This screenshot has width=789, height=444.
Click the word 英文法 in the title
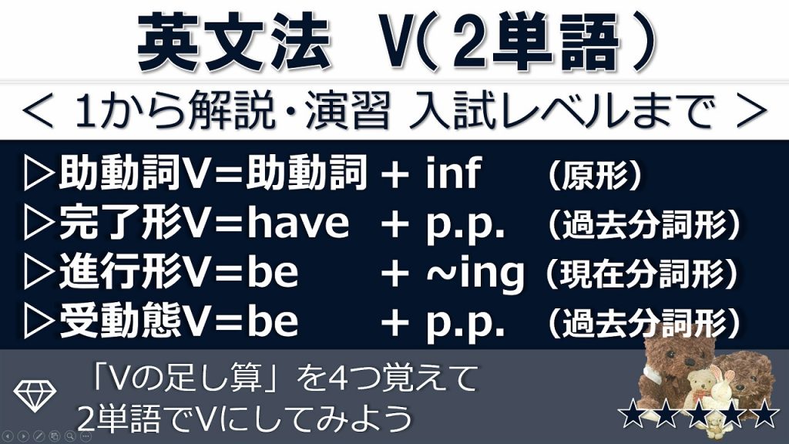(x=234, y=42)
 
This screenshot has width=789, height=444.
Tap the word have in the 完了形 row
(x=298, y=223)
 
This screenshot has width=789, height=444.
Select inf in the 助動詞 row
(x=453, y=173)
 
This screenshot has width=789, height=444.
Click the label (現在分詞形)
(x=642, y=274)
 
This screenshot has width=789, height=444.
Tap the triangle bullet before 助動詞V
(x=39, y=173)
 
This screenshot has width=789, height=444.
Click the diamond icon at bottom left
(x=35, y=396)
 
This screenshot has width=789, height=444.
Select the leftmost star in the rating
(x=632, y=414)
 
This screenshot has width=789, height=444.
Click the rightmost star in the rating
(x=764, y=414)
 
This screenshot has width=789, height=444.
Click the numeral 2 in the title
(x=471, y=44)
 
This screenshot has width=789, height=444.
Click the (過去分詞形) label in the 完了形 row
(x=643, y=224)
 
